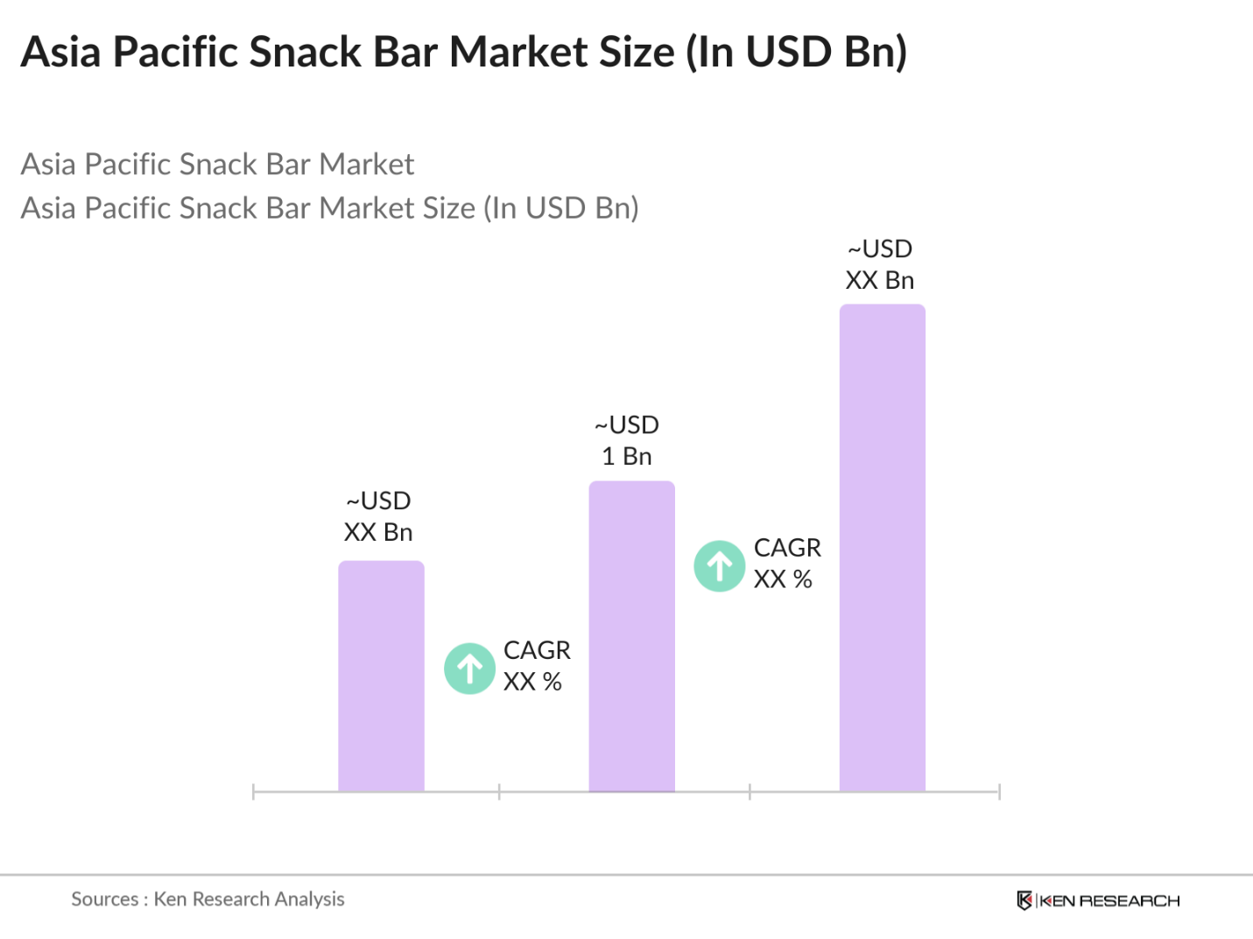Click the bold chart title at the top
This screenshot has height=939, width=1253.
coord(464,53)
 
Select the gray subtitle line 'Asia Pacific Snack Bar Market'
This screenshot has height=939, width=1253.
coord(217,165)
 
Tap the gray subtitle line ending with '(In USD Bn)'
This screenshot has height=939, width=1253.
coord(329,208)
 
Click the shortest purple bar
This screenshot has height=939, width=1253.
coord(381,676)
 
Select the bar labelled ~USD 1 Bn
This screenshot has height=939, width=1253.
coord(631,636)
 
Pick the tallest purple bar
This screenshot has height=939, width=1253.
coord(882,548)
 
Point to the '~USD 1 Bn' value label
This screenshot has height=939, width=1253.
coord(627,440)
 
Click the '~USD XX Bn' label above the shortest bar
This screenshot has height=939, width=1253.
coord(378,516)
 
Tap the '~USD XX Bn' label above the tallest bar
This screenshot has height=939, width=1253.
coord(880,264)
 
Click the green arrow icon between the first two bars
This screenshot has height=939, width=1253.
coord(470,669)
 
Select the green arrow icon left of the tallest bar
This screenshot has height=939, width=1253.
coord(720,566)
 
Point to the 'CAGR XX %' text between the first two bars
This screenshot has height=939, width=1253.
coord(536,666)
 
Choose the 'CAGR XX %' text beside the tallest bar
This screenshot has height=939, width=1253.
coord(786,564)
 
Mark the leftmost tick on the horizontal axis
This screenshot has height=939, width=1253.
coord(253,792)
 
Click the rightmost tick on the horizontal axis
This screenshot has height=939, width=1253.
coord(999,792)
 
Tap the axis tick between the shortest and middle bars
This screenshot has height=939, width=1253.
coord(499,792)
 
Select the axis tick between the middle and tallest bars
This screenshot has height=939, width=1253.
coord(750,792)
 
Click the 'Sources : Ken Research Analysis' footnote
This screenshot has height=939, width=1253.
coord(208,899)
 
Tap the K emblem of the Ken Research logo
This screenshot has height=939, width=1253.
coord(1024,900)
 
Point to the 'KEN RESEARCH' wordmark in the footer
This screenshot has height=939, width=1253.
coord(1109,900)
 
